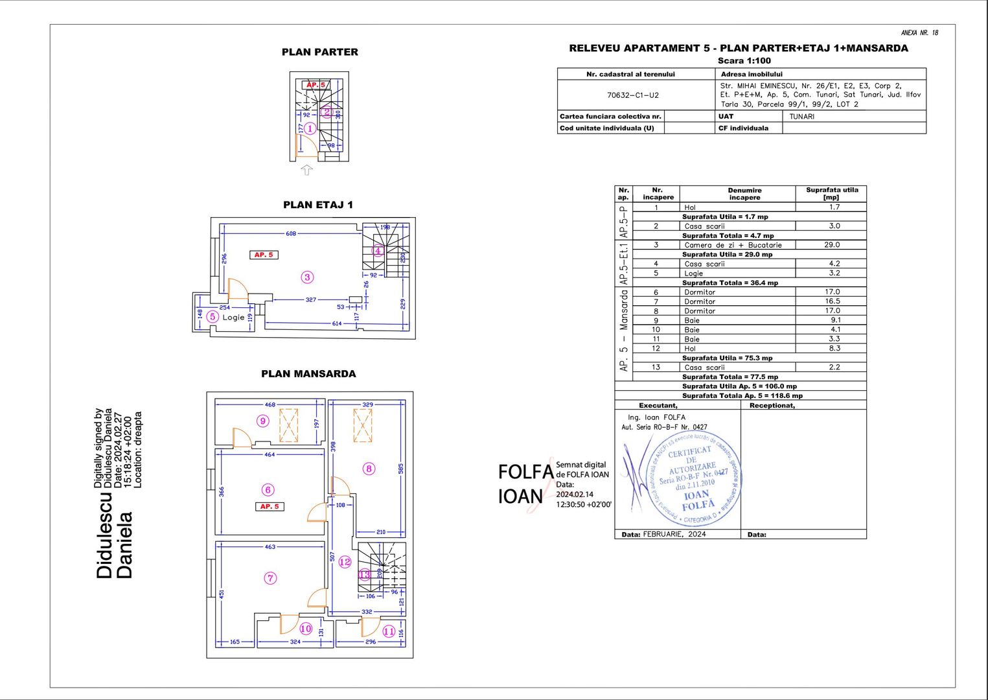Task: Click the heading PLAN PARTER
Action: (319, 52)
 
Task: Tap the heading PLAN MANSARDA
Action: (308, 374)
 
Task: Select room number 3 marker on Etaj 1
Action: (307, 277)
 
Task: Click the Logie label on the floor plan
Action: (233, 318)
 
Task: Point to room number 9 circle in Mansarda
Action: (262, 421)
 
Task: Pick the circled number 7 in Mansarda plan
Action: (270, 578)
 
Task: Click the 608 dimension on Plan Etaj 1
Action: (291, 233)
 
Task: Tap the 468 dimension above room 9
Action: (270, 404)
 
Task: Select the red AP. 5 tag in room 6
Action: (270, 506)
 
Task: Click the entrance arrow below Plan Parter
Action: (306, 170)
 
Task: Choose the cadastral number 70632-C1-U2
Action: (632, 95)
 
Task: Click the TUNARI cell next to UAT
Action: (801, 117)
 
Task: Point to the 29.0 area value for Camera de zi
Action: (832, 245)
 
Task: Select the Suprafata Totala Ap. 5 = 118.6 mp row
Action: (741, 395)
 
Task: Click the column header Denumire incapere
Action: (744, 194)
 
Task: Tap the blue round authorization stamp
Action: (693, 480)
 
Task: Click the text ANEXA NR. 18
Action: (919, 32)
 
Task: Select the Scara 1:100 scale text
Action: (744, 61)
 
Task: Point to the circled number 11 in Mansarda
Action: (389, 631)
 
